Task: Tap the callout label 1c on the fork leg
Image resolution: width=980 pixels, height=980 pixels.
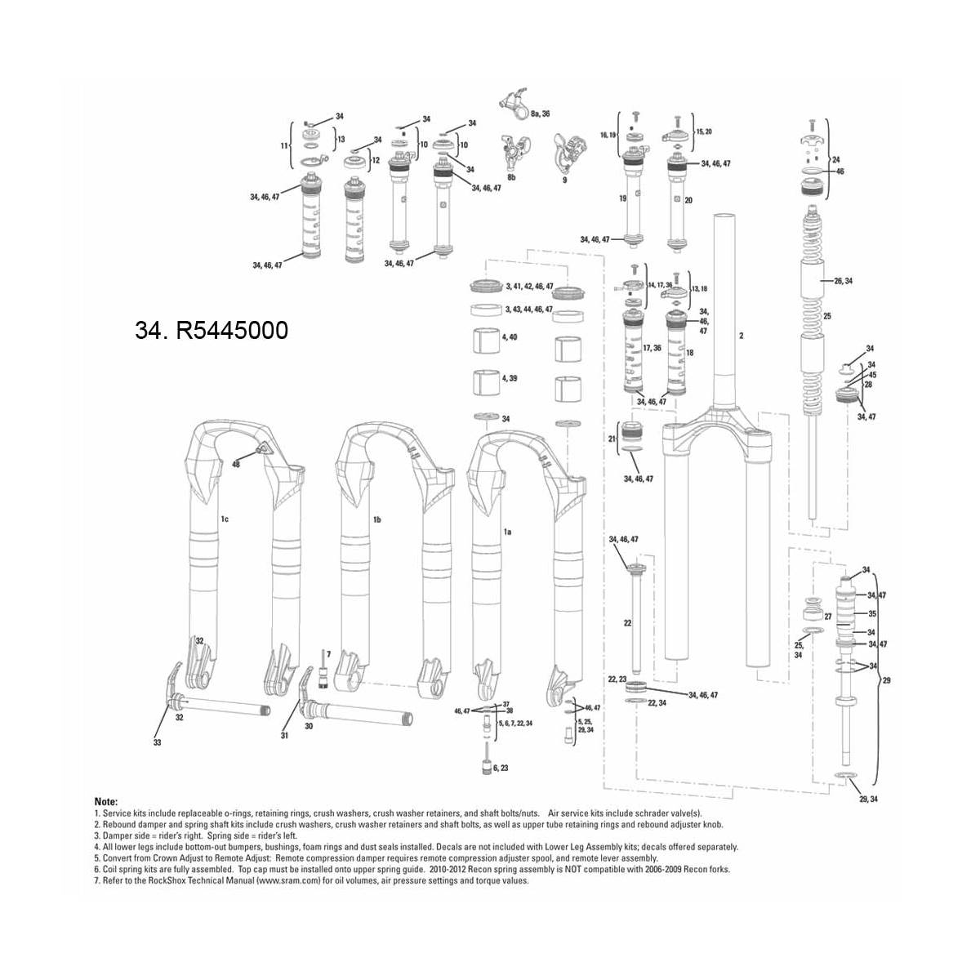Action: pos(224,519)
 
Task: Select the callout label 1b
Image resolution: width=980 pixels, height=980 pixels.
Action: pos(377,519)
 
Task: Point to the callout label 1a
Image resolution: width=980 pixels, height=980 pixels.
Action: pos(506,531)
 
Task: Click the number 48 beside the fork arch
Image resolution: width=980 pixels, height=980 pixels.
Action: pos(236,464)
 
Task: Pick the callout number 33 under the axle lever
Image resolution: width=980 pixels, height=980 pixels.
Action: pos(158,742)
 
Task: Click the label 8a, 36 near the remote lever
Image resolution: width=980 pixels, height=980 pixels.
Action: pos(540,114)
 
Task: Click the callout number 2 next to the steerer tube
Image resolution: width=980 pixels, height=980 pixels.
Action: pos(741,336)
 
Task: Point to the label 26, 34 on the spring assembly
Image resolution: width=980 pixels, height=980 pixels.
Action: pos(842,281)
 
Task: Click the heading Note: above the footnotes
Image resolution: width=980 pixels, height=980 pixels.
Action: pos(106,802)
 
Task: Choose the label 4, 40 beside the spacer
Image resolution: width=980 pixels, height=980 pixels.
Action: pos(510,337)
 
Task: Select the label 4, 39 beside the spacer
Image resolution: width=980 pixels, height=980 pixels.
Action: pos(510,378)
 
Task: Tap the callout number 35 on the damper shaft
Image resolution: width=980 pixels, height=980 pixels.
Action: pos(872,613)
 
